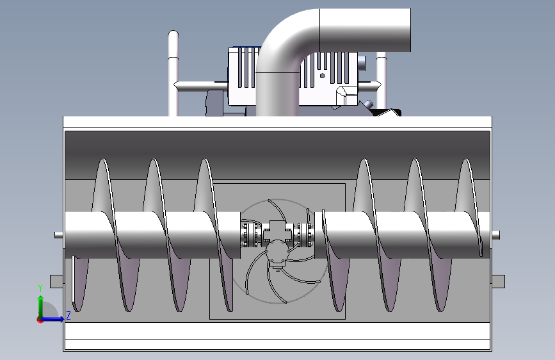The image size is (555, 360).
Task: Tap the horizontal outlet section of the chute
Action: [365, 30]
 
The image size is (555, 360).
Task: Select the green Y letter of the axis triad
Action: [40, 288]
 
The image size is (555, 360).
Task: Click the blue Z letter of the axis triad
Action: [68, 315]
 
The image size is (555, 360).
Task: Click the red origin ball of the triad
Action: [40, 319]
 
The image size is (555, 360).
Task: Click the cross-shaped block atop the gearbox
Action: [277, 229]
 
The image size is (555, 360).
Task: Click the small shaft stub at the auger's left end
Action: [59, 234]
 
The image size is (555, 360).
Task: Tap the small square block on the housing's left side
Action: [56, 281]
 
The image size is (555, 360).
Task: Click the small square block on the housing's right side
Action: [498, 281]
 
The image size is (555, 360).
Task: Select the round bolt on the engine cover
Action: [321, 76]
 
